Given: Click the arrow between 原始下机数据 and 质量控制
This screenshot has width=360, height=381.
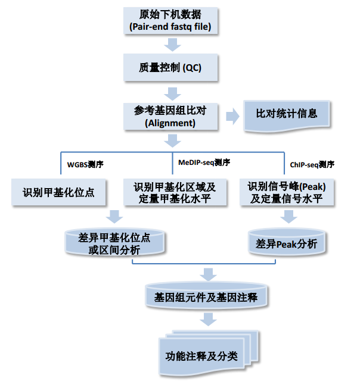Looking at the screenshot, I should (173, 43).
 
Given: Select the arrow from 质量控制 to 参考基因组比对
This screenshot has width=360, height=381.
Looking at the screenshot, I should (173, 92).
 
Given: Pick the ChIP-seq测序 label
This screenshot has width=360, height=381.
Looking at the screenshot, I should (312, 164).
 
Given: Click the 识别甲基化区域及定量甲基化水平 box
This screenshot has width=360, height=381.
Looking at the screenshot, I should (175, 192).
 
